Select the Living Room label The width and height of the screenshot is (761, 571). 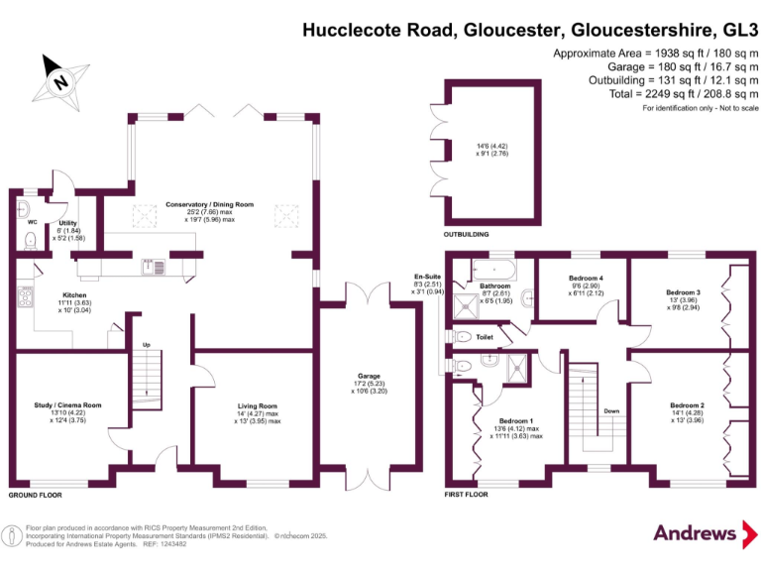pos(257,405)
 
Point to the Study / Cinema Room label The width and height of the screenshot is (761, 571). pos(69,405)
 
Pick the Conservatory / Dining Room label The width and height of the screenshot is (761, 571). pos(209,204)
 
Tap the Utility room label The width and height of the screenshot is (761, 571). pos(67,224)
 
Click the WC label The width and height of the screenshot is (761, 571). pos(31,222)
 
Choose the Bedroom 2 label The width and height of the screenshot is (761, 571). pos(686,405)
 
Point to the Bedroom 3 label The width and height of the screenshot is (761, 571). pos(683,292)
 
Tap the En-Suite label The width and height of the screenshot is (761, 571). pos(426,277)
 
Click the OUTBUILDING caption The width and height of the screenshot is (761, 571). pos(470,235)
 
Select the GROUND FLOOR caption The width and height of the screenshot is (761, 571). pos(36,493)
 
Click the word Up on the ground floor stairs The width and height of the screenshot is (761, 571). pos(147,345)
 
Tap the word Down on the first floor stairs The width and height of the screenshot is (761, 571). pos(611,409)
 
